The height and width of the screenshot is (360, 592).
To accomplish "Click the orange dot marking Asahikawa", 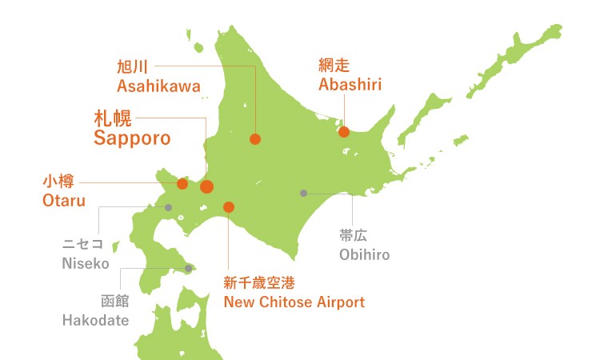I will [255, 139].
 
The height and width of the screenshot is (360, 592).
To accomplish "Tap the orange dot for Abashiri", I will [344, 132].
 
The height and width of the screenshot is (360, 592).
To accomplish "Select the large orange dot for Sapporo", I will [206, 187].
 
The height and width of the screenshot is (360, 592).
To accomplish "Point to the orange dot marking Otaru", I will [182, 184].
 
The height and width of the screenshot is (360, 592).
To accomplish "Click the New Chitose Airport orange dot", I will [229, 207].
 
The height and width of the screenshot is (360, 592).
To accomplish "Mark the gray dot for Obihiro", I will [303, 193].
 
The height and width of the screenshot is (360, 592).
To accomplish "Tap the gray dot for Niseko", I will [169, 207].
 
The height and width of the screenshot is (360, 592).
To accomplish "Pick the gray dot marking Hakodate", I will [188, 269].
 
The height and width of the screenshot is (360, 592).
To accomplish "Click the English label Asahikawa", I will [158, 86].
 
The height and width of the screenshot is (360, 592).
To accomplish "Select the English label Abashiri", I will [350, 85].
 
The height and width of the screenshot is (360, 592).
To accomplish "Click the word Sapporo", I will [132, 138].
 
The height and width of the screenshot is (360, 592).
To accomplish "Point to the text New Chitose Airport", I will [294, 302].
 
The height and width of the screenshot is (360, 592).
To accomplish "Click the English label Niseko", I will [85, 262].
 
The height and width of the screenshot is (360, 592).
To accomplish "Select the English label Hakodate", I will [95, 321].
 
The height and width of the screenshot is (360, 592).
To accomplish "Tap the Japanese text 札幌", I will [113, 117].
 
